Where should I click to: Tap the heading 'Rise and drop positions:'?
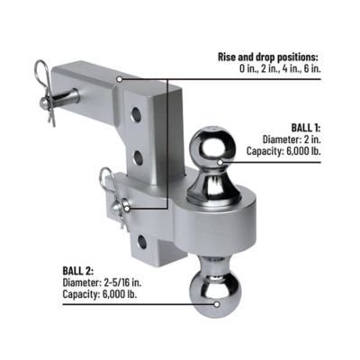point(270,57)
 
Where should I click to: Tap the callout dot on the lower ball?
point(215,303)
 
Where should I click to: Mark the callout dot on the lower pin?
point(125,207)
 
